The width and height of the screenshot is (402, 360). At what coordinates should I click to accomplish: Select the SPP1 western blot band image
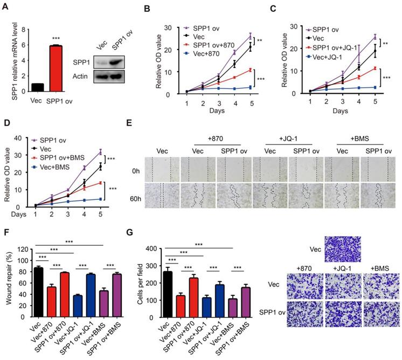[x=113, y=63]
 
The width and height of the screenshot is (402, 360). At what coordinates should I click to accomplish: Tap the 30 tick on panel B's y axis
[x=153, y=27]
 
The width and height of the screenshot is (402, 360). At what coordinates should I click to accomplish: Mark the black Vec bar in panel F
[x=39, y=283]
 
